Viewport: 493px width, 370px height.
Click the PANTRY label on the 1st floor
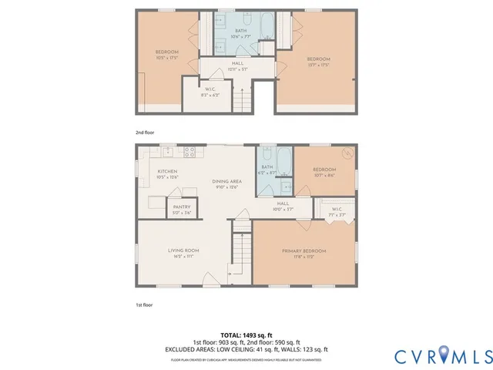point(182,207)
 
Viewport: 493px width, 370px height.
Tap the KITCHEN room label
point(168,171)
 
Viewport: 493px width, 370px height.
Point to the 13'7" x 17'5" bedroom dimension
point(318,64)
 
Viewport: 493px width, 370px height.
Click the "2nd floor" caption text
point(145,133)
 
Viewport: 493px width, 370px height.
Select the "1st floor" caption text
point(144,304)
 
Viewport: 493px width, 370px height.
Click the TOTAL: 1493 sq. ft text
point(246,335)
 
